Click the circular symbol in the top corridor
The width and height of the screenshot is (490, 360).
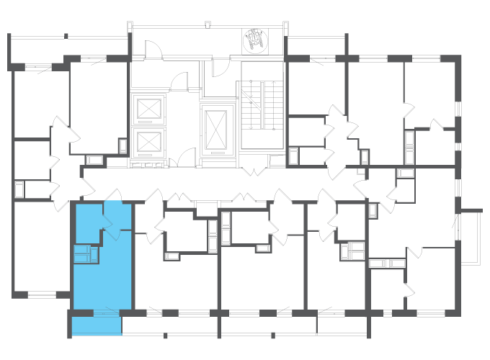click(254, 42)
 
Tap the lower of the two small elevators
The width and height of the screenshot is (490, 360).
click(150, 140)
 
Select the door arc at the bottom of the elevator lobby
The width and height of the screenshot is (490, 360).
click(187, 156)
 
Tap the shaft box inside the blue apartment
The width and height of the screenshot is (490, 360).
click(84, 253)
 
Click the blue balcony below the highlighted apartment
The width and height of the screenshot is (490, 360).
click(97, 326)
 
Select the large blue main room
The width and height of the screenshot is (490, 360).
click(103, 277)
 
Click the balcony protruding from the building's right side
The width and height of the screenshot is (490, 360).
click(469, 238)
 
